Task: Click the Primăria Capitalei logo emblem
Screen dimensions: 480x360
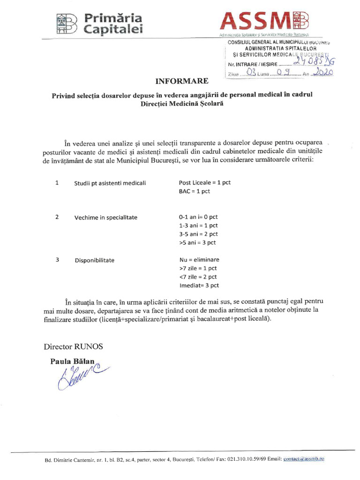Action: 66,23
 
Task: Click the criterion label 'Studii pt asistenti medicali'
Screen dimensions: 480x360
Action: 110,183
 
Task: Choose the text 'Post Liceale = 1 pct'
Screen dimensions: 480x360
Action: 205,183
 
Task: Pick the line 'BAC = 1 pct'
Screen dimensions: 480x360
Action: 195,191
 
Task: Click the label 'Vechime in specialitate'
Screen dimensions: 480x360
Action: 105,217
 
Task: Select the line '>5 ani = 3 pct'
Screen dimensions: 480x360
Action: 197,242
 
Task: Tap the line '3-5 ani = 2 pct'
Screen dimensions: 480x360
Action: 198,234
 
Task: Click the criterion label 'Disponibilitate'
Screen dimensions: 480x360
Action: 94,260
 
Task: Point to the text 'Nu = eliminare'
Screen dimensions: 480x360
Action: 199,260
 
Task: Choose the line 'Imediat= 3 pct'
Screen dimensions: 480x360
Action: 199,285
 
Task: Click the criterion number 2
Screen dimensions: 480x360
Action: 57,217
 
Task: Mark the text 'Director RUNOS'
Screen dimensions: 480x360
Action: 73,347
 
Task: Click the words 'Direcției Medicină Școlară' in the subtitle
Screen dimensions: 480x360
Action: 181,104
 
